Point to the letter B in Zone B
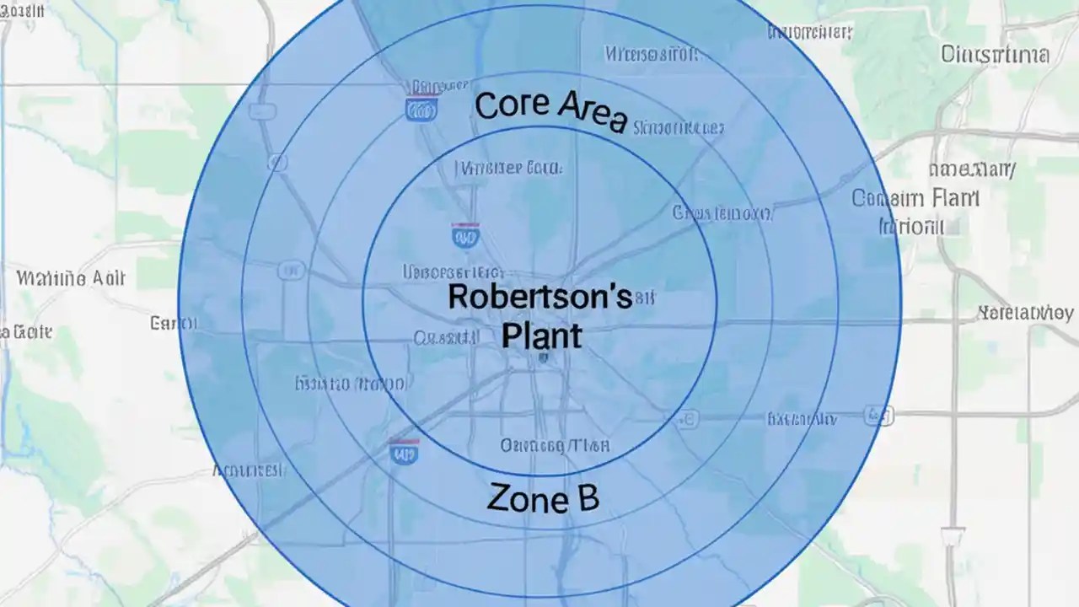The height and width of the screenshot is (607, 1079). pyautogui.click(x=587, y=497)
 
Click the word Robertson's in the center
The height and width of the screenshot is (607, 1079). pyautogui.click(x=539, y=297)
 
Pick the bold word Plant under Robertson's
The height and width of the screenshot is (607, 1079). pyautogui.click(x=541, y=335)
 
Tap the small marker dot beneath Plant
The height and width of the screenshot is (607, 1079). pyautogui.click(x=544, y=358)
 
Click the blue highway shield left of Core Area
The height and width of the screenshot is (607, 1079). pyautogui.click(x=421, y=108)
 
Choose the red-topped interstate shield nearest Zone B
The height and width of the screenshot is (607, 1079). pyautogui.click(x=404, y=452)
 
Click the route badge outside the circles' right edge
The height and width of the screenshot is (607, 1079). pyautogui.click(x=878, y=414)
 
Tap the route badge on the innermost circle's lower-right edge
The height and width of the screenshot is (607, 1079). pyautogui.click(x=687, y=416)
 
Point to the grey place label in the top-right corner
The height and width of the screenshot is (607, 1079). pyautogui.click(x=994, y=56)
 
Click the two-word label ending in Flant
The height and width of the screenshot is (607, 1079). pyautogui.click(x=915, y=200)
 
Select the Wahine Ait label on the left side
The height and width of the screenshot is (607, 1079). pyautogui.click(x=71, y=278)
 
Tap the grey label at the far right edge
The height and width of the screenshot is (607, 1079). pyautogui.click(x=1025, y=314)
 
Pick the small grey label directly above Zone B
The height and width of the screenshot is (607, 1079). pyautogui.click(x=555, y=445)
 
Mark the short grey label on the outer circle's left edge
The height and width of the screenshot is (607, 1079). pyautogui.click(x=173, y=323)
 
